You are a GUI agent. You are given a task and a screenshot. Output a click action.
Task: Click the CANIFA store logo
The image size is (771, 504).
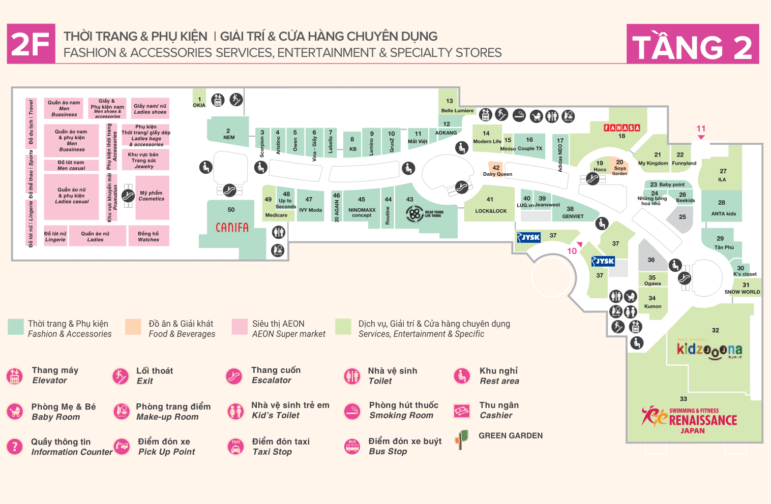tap(232, 227)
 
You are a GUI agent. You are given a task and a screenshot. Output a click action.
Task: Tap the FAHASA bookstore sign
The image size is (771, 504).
tap(621, 128)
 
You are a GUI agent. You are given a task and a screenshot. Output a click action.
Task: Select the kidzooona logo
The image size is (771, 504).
tap(709, 350)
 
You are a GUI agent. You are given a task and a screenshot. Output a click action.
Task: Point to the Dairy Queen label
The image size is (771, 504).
tap(497, 174)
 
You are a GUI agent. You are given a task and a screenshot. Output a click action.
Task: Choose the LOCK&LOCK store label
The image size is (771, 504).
tap(491, 211)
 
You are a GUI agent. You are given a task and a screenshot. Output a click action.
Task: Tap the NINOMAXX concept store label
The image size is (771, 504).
tap(362, 212)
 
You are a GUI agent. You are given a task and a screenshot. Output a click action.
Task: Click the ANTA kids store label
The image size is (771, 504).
tap(723, 213)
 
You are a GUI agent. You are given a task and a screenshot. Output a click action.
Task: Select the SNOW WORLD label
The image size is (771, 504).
tap(742, 292)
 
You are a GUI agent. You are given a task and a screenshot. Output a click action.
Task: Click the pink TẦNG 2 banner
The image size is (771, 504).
tap(692, 44)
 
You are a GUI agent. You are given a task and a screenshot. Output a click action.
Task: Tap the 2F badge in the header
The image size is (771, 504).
tap(31, 44)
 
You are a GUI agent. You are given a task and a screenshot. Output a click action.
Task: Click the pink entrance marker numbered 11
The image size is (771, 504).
tap(701, 129)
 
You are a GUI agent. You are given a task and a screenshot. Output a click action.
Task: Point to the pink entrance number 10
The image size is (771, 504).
tap(572, 251)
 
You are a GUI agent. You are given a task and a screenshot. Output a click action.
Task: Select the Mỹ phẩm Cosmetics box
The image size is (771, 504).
tap(152, 196)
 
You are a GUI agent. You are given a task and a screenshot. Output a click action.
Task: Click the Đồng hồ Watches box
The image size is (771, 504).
tap(149, 236)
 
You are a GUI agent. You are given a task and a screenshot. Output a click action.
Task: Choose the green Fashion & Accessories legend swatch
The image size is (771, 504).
tap(16, 327)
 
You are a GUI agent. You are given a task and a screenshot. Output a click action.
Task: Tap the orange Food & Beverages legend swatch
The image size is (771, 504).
tap(133, 327)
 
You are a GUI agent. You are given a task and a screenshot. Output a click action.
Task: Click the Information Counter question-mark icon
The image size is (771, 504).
tap(15, 447)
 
